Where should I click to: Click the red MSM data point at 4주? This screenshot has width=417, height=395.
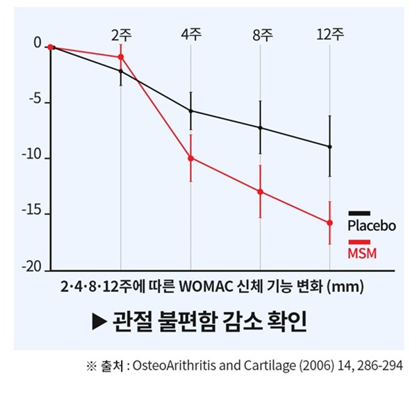[190, 158]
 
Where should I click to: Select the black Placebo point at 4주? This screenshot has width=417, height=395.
[190, 111]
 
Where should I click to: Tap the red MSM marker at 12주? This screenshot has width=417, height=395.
[329, 223]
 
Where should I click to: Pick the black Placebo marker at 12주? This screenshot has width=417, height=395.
[329, 147]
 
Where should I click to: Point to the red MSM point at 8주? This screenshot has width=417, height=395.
[260, 191]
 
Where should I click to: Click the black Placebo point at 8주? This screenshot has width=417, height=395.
[260, 128]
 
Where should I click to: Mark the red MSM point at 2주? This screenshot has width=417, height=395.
[121, 57]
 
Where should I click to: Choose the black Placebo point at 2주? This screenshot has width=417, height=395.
[121, 71]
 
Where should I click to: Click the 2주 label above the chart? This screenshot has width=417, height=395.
[121, 35]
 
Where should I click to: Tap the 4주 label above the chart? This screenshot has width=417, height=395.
[190, 35]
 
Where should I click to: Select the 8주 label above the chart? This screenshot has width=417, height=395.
[260, 35]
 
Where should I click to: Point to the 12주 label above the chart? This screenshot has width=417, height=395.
[329, 35]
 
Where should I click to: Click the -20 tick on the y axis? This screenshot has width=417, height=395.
[33, 268]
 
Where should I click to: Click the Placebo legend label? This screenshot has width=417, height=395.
[371, 226]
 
